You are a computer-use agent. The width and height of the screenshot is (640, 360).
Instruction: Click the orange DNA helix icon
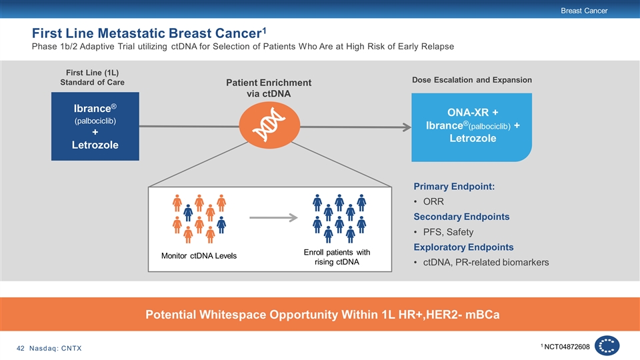pos(269,125)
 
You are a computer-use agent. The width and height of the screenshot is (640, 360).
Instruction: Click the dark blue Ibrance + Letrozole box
pos(95,126)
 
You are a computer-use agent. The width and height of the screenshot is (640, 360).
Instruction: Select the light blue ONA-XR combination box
pos(471,127)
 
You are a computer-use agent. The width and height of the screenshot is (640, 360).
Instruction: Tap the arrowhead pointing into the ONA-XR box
pos(407,127)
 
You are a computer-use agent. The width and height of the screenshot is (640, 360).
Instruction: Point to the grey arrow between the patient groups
pos(273,217)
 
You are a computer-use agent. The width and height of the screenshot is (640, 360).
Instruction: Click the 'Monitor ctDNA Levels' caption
pos(199,256)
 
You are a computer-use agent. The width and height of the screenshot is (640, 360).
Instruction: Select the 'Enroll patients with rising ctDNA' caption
pos(337,257)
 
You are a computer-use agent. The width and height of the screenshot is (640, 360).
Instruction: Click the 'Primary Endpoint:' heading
pos(454,187)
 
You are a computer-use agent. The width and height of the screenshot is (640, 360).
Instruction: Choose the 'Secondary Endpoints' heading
pos(461,217)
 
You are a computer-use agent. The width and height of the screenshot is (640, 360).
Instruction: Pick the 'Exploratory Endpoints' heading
pos(463,247)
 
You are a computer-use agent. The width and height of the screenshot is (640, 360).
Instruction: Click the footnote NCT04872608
pos(567,347)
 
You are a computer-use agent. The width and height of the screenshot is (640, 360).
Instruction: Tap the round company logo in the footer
pos(607,346)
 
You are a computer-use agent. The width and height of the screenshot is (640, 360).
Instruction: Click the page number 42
pos(21,348)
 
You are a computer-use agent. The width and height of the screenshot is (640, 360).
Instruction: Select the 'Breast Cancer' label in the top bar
pos(584,11)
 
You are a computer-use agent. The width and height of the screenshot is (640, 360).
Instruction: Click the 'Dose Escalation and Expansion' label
pos(472,80)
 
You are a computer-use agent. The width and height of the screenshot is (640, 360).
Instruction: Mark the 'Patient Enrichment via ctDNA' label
pos(269,88)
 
